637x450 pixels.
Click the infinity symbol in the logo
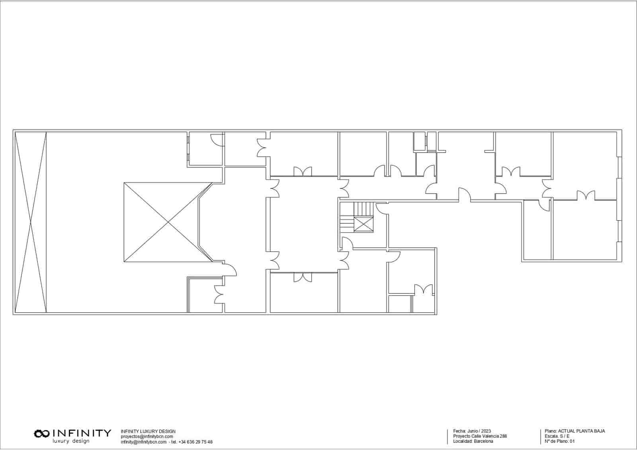click(x=42, y=434)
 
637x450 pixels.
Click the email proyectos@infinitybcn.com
click(x=147, y=436)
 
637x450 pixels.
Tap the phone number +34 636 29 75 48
click(x=195, y=442)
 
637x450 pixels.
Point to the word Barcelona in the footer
click(x=483, y=441)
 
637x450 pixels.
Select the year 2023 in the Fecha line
click(x=486, y=431)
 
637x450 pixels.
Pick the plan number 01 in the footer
click(x=572, y=441)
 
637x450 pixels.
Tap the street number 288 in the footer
click(x=503, y=436)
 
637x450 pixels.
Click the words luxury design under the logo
click(x=71, y=441)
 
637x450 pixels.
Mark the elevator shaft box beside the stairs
click(x=363, y=224)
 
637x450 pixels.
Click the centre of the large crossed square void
click(x=168, y=222)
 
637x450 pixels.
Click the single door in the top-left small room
click(x=217, y=140)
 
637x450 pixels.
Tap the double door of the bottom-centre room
click(x=303, y=277)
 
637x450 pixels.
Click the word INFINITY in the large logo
click(x=82, y=434)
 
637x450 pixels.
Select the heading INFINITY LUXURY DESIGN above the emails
click(x=148, y=431)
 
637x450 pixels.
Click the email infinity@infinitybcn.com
click(x=144, y=442)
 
